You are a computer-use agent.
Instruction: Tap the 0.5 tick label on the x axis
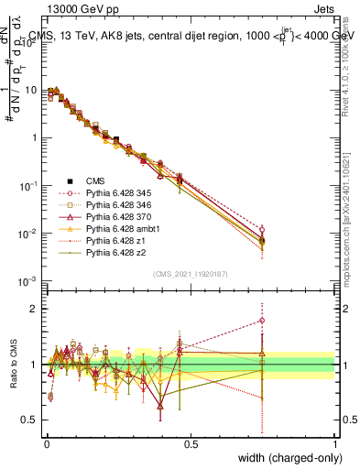click(191, 442)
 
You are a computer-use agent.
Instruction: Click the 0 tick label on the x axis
click(46, 442)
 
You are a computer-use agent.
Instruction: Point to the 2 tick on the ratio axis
click(33, 309)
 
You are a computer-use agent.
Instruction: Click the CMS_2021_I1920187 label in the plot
click(191, 274)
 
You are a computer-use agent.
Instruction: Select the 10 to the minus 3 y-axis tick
click(31, 281)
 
